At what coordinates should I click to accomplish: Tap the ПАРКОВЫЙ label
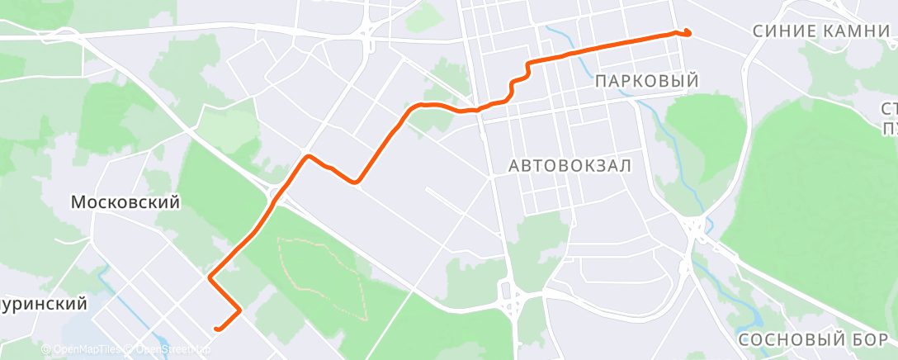646,81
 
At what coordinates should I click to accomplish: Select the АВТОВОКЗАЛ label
570,166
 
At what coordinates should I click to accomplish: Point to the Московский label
125,202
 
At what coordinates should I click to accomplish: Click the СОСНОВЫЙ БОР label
813,340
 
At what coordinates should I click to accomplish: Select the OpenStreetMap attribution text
168,350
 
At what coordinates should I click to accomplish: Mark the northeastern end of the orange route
688,33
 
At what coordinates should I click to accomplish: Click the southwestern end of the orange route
216,329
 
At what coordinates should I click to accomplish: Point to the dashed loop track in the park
322,277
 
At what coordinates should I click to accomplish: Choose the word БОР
869,340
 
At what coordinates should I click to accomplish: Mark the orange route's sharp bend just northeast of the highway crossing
309,156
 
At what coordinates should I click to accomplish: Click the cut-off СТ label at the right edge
890,109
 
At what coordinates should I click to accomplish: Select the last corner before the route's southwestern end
239,310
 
